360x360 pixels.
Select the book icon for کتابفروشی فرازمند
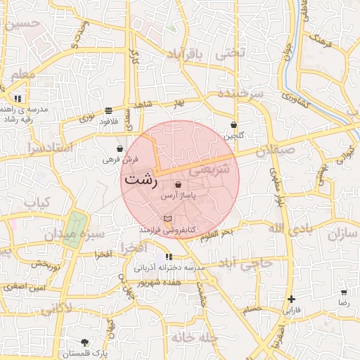(167, 219)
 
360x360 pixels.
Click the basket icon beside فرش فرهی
(121, 149)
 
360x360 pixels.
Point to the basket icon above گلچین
(233, 125)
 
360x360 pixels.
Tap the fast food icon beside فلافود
(108, 110)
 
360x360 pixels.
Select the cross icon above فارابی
(291, 298)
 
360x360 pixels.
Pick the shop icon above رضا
(344, 292)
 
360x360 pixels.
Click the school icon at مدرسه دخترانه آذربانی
(168, 257)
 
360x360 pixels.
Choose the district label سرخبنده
(239, 94)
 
